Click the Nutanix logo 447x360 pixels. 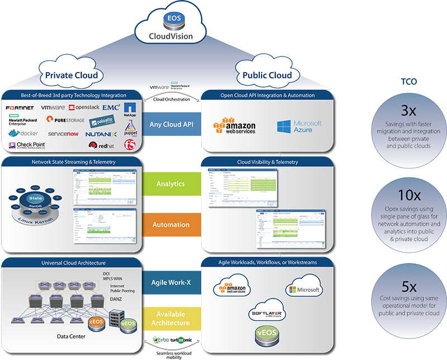(x=101, y=134)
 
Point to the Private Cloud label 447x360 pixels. (x=71, y=75)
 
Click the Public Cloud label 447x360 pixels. (x=267, y=75)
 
